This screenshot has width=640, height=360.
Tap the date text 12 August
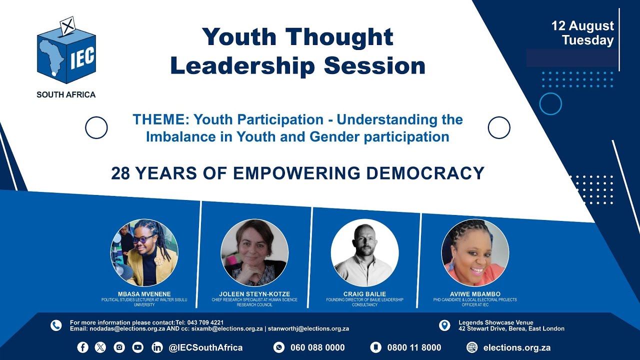pyautogui.click(x=582, y=26)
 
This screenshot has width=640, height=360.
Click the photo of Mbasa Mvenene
pyautogui.click(x=144, y=252)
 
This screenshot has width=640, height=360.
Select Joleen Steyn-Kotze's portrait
pyautogui.click(x=254, y=252)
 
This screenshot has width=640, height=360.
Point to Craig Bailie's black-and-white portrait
pyautogui.click(x=364, y=252)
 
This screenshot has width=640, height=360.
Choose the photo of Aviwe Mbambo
pyautogui.click(x=475, y=252)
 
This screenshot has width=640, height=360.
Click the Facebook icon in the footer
pyautogui.click(x=82, y=347)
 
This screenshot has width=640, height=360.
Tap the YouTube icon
pyautogui.click(x=137, y=347)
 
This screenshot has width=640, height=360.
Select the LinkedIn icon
pyautogui.click(x=157, y=347)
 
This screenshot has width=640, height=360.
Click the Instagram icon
pyautogui.click(x=119, y=347)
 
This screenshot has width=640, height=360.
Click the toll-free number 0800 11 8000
pyautogui.click(x=414, y=347)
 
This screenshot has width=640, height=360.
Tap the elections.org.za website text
pyautogui.click(x=516, y=347)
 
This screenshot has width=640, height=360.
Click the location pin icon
pyautogui.click(x=444, y=325)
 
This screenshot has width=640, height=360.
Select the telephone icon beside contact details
pyautogui.click(x=56, y=325)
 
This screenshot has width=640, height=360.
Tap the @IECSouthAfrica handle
pyautogui.click(x=205, y=347)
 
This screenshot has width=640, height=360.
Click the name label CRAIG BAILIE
pyautogui.click(x=364, y=294)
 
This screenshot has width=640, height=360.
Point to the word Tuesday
pyautogui.click(x=587, y=40)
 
